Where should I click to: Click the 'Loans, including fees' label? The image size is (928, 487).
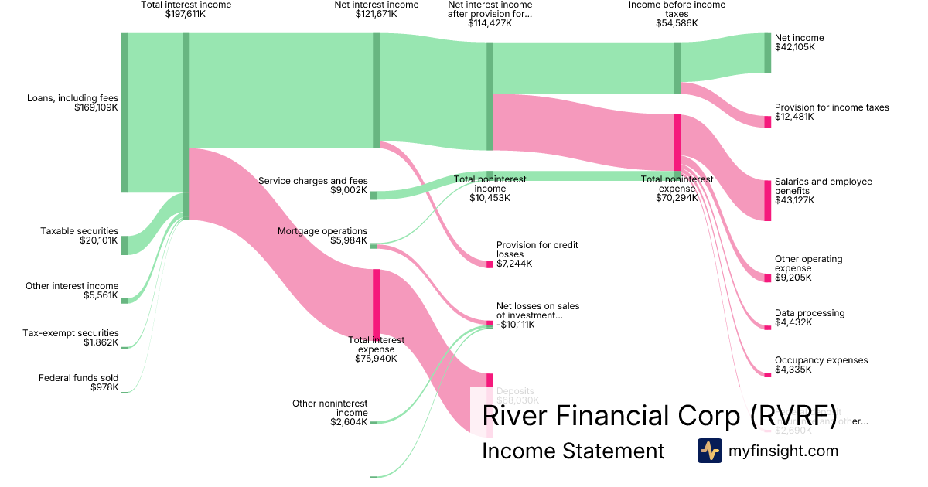pyautogui.click(x=72, y=98)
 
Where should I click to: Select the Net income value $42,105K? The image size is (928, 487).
pyautogui.click(x=795, y=48)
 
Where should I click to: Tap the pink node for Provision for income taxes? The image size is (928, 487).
pyautogui.click(x=768, y=121)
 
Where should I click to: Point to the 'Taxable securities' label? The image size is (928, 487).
pyautogui.click(x=80, y=231)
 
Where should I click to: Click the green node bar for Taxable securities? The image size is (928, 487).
pyautogui.click(x=125, y=245)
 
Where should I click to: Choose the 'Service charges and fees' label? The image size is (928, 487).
pyautogui.click(x=312, y=181)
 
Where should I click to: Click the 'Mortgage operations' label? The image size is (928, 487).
pyautogui.click(x=322, y=231)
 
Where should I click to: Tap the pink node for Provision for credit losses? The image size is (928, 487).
pyautogui.click(x=490, y=264)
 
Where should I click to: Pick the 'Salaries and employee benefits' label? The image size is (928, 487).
pyautogui.click(x=823, y=186)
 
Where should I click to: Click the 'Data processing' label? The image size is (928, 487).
pyautogui.click(x=809, y=313)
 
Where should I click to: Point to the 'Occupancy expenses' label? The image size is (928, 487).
pyautogui.click(x=821, y=360)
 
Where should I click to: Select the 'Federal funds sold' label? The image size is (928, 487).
pyautogui.click(x=78, y=378)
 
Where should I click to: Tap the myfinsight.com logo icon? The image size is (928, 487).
pyautogui.click(x=709, y=451)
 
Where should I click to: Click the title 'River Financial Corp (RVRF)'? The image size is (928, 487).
pyautogui.click(x=660, y=415)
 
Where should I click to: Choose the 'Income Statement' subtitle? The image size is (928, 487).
pyautogui.click(x=572, y=451)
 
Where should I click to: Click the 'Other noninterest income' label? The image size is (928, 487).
pyautogui.click(x=329, y=407)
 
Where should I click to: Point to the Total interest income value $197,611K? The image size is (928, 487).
pyautogui.click(x=186, y=14)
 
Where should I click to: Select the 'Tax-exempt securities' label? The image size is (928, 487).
pyautogui.click(x=70, y=333)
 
